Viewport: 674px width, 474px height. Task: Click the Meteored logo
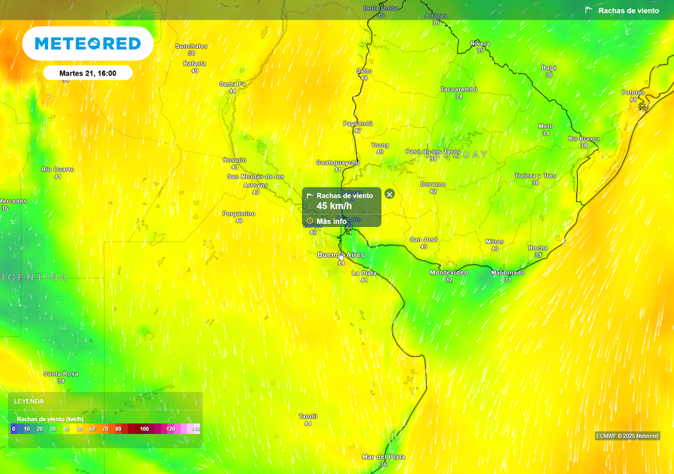(x=88, y=43)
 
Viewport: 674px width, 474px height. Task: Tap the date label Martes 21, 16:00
(x=88, y=73)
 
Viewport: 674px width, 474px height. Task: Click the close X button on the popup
(x=390, y=194)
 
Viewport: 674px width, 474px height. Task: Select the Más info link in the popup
(x=331, y=221)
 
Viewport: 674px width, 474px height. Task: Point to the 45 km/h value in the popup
(x=334, y=206)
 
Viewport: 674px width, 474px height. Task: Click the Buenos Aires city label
(x=340, y=255)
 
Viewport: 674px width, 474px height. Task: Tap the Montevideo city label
(x=449, y=273)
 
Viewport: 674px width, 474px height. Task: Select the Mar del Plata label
(x=384, y=456)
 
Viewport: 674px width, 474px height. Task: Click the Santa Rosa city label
(x=61, y=374)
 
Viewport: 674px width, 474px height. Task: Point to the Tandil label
(x=308, y=416)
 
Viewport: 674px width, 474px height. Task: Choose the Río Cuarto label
(x=58, y=169)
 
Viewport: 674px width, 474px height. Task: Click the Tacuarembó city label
(x=459, y=89)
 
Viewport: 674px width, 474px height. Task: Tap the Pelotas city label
(x=633, y=92)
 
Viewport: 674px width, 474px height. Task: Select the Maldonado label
(x=507, y=273)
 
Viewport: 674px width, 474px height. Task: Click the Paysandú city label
(x=357, y=123)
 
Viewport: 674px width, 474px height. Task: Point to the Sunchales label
(x=192, y=45)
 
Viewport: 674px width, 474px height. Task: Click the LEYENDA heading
(x=29, y=401)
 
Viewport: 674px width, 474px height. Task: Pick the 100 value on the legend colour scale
(x=144, y=429)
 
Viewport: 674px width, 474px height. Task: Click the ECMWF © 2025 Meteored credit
(x=627, y=436)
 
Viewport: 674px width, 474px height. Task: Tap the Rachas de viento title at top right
(x=628, y=11)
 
